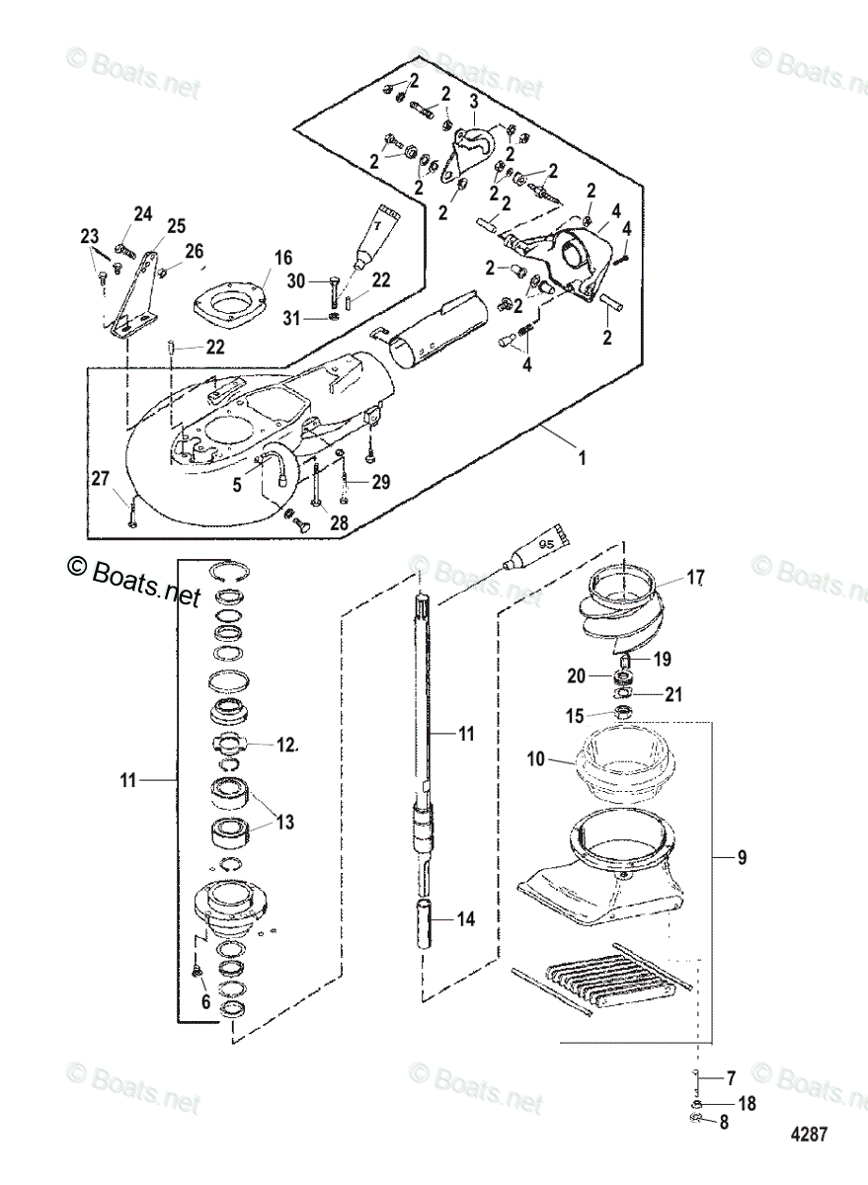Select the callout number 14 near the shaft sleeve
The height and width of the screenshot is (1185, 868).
point(466,918)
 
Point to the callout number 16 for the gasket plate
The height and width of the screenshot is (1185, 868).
point(283,258)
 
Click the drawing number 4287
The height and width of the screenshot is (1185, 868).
point(807,1134)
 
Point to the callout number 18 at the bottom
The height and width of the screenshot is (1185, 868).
point(748,1103)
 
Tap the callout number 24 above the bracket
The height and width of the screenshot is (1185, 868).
point(144,214)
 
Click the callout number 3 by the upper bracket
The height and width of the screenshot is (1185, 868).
point(474,102)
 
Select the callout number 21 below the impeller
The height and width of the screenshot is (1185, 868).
point(672,694)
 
